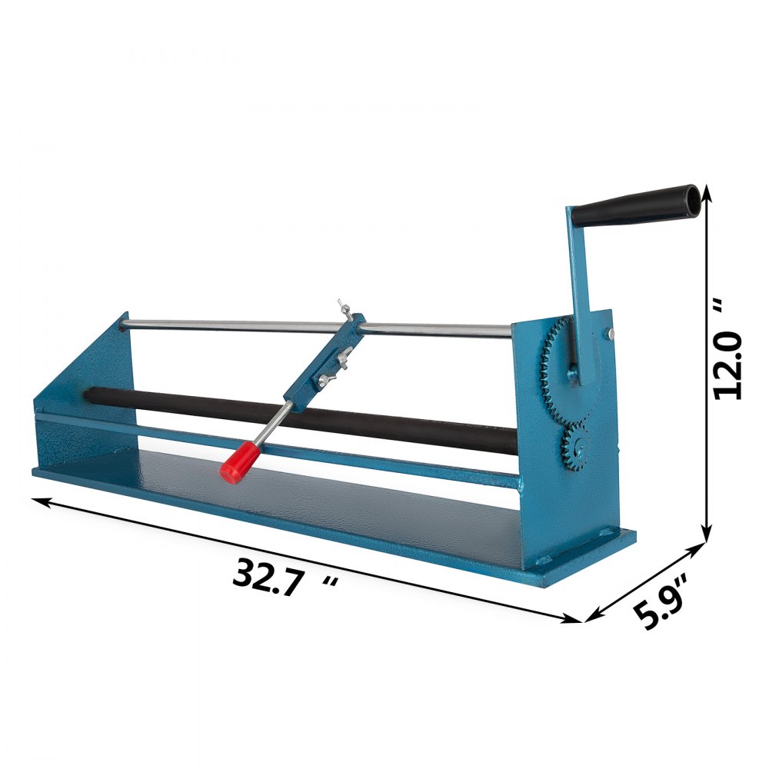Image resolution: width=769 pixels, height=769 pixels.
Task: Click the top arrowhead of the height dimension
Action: click(706, 192)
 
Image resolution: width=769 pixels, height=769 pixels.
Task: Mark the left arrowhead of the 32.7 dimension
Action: click(39, 501)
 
